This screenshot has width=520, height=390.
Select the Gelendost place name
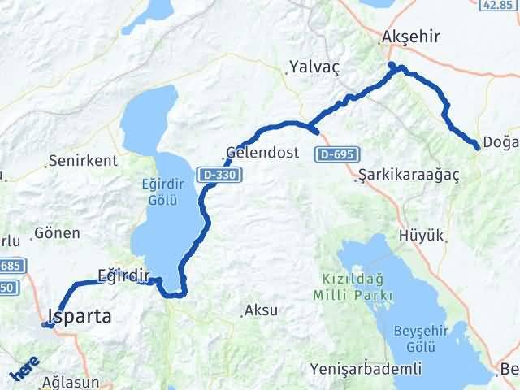click(x=262, y=152)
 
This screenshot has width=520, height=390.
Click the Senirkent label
click(x=83, y=160)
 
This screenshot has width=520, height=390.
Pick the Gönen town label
click(x=57, y=233)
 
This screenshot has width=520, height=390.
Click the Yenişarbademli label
click(x=366, y=370)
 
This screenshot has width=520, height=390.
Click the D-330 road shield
click(x=215, y=173)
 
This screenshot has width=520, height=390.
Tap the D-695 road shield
click(x=333, y=154)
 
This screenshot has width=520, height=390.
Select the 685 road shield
click(x=13, y=266)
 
